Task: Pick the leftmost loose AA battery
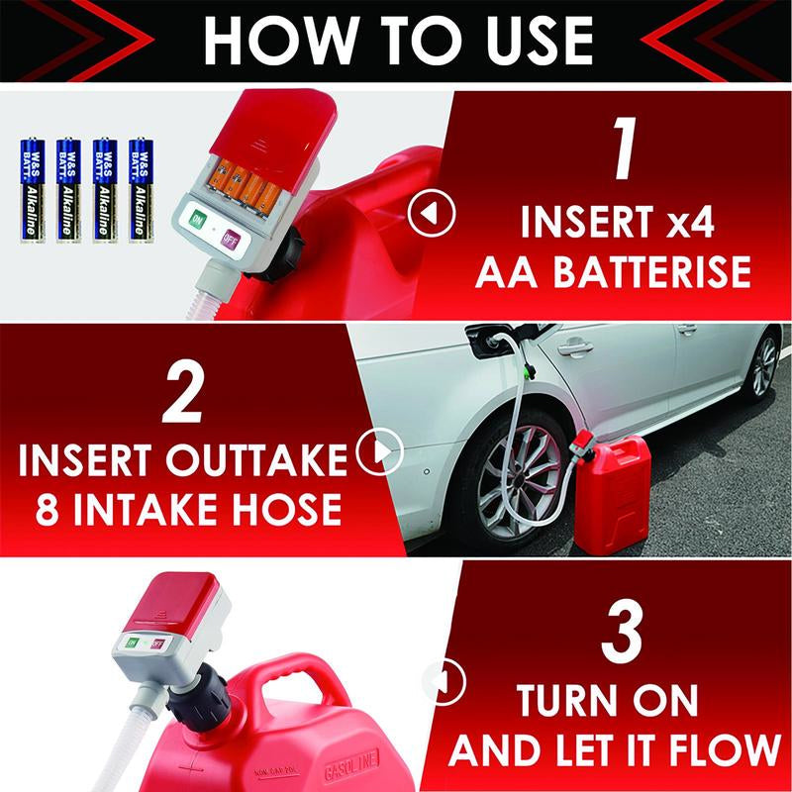coord(32,189)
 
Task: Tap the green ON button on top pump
coord(197,219)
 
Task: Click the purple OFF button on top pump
coord(230,239)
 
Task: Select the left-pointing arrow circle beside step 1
coord(433,212)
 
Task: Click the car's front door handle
coord(573,347)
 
